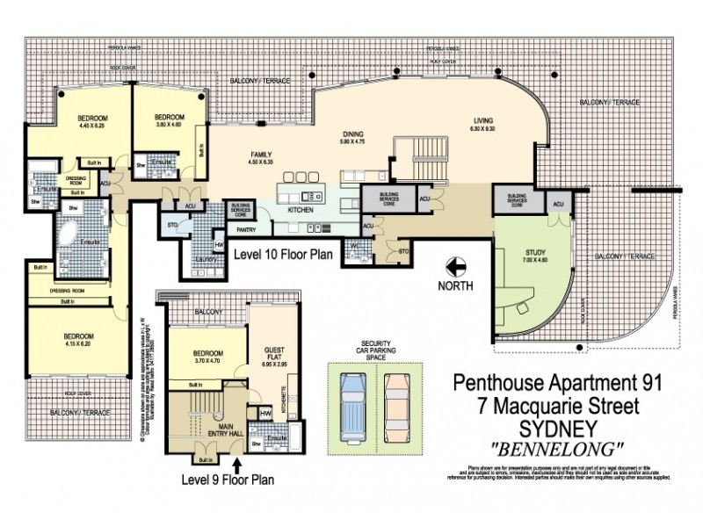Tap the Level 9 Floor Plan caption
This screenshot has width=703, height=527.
[227, 480]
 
